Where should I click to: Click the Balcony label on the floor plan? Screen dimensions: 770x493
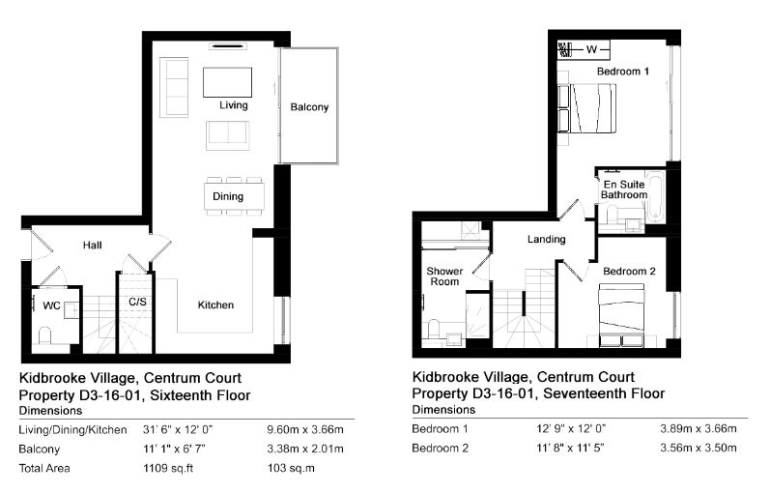point(309,107)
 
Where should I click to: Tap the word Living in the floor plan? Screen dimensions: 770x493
point(233,105)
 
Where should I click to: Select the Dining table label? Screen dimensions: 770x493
point(228,196)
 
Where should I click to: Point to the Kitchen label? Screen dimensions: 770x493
point(215,304)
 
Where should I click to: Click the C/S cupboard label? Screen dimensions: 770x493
point(137,302)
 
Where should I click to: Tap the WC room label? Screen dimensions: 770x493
point(51,305)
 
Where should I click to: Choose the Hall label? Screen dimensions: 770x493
point(93,246)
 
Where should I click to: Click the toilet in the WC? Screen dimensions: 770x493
point(44,335)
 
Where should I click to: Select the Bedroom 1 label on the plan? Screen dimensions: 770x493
point(623,72)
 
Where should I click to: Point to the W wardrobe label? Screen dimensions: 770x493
point(591,49)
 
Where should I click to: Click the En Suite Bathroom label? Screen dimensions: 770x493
point(624,189)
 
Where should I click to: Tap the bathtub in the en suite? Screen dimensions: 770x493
point(655,196)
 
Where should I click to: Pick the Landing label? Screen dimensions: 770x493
point(546,240)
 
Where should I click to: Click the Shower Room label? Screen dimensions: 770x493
point(444,276)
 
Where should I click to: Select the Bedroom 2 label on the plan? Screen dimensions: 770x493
point(629,272)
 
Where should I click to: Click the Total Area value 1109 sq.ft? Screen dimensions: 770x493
point(168,468)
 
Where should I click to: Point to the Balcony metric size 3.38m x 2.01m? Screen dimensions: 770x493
point(305,449)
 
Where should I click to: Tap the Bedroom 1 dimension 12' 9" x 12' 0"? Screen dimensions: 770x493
point(571,428)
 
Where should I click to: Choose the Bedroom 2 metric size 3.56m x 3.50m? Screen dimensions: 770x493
point(698,448)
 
